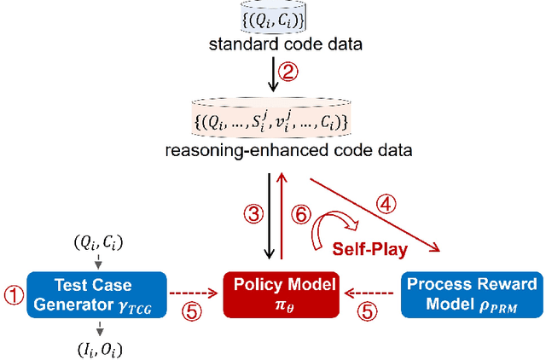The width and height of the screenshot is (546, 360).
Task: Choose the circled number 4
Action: (x=386, y=205)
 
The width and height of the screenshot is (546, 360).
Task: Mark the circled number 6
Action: (x=299, y=215)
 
